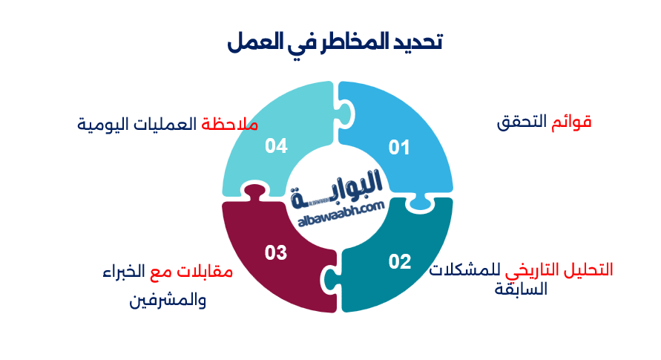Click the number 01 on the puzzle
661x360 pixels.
tap(399, 148)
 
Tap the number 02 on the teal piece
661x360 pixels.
tap(399, 261)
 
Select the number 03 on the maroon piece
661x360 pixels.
tap(275, 253)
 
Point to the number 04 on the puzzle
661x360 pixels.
tap(275, 146)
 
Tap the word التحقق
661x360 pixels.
tap(522, 122)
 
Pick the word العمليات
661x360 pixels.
tap(167, 124)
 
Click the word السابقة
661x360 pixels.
tap(521, 288)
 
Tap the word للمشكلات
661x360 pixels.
tap(464, 269)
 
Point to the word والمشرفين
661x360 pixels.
tap(168, 301)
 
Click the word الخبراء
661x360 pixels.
tap(123, 272)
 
